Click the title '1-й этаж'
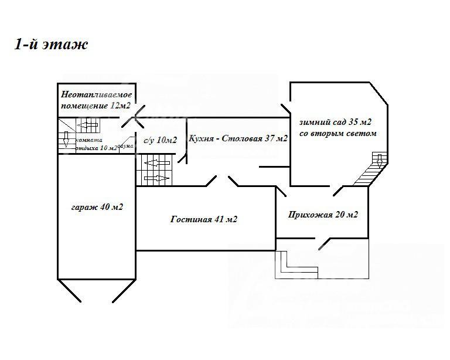point(51,45)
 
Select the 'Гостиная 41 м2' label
point(204,219)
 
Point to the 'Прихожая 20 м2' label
point(323,215)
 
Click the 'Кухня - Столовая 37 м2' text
point(238,139)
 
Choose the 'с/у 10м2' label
point(160,140)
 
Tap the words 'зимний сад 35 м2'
point(335,122)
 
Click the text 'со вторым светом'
point(337,134)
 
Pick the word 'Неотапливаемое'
point(97,94)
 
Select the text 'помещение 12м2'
point(95,106)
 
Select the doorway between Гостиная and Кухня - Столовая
point(221,180)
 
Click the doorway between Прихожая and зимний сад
point(339,189)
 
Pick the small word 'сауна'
point(126,146)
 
